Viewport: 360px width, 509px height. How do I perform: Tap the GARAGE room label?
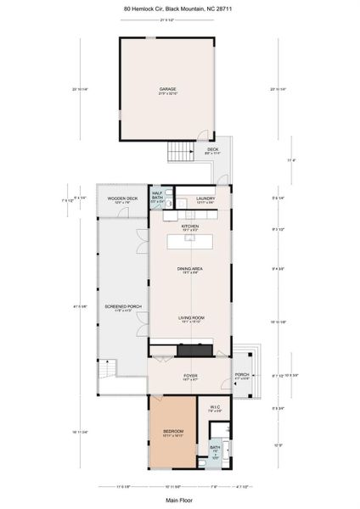(x=167, y=89)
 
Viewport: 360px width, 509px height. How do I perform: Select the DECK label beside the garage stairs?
(x=212, y=151)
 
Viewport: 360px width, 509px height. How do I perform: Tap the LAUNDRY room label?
(x=205, y=199)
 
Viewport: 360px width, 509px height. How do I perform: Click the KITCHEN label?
(x=189, y=227)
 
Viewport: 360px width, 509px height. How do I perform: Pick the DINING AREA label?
(x=189, y=270)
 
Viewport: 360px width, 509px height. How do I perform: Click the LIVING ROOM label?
(x=190, y=318)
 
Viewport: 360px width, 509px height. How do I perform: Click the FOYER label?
(x=189, y=376)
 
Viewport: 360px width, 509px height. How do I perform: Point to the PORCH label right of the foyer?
(x=242, y=375)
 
